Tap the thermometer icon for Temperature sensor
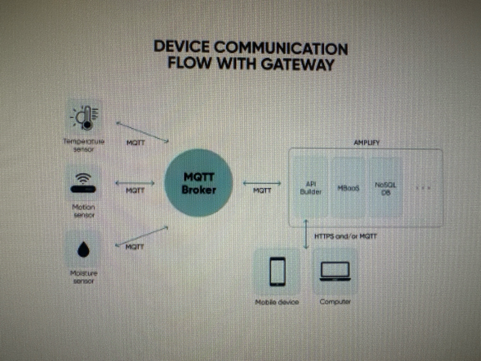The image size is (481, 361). coord(85,117)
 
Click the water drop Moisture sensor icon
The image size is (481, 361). coord(84,250)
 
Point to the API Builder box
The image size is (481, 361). coord(310,188)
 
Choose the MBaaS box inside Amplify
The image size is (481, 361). coord(349,188)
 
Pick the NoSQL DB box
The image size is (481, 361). coord(385,188)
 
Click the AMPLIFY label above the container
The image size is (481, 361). coord(365,141)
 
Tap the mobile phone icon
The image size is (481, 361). coord(277,271)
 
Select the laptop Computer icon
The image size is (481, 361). coord(335,271)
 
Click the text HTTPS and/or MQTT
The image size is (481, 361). coord(345,236)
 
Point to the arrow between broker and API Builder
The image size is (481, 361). coord(262,183)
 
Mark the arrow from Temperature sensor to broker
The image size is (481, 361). coord(142,132)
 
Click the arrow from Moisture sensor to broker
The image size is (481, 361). coord(141,236)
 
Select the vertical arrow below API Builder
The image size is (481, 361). coord(306,234)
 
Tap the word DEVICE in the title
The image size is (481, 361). coord(181,47)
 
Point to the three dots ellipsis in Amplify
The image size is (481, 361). coord(423,188)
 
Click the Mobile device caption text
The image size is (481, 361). coord(277,302)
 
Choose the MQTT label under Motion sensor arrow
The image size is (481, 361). coord(135,190)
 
